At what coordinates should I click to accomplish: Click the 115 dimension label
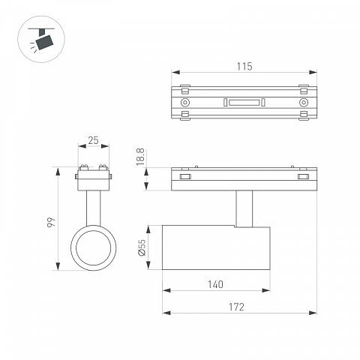coord(244,67)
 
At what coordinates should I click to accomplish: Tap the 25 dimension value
coord(93,140)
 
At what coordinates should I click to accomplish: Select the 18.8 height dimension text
coord(140,157)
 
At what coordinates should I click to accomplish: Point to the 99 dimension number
coord(51,222)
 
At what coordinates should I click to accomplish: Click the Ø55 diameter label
coord(142,247)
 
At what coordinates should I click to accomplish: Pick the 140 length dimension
coord(215,284)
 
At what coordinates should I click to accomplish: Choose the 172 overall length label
coord(236,307)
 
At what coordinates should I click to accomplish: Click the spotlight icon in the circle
coord(41,39)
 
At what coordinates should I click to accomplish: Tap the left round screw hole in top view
coord(185,103)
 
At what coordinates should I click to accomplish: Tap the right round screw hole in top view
coord(304,103)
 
